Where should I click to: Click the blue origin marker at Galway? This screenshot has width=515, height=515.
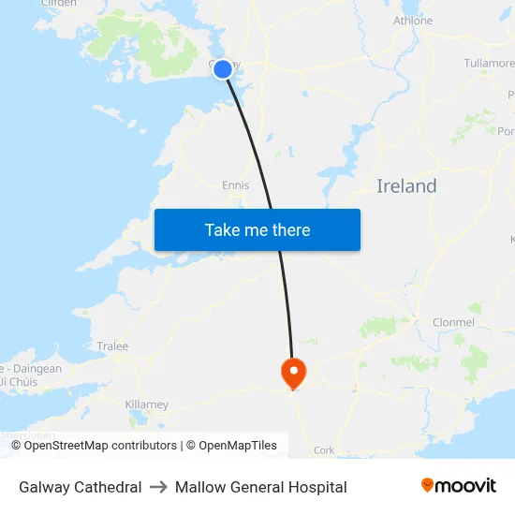point(223,68)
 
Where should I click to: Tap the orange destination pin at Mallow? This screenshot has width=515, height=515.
point(294,372)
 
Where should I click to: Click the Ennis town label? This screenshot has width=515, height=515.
point(235,185)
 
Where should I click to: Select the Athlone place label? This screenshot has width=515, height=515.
point(413,21)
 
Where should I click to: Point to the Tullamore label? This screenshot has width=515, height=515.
point(488,64)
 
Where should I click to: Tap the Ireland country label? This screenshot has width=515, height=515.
point(406,186)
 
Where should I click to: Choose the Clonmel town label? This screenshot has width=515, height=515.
point(453,322)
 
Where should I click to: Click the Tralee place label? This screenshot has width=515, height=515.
point(112,346)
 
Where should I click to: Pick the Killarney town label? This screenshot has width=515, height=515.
point(146,405)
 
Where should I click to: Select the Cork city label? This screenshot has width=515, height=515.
point(324,449)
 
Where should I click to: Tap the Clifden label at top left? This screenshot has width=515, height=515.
point(58,4)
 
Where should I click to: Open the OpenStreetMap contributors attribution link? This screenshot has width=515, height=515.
point(100,446)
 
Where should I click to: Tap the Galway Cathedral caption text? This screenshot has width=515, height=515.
point(81,487)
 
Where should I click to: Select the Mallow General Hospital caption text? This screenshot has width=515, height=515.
point(260,487)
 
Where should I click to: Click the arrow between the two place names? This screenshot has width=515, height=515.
point(158,487)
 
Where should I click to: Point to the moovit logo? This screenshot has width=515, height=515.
point(459,485)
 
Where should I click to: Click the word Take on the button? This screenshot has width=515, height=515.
point(223,230)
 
